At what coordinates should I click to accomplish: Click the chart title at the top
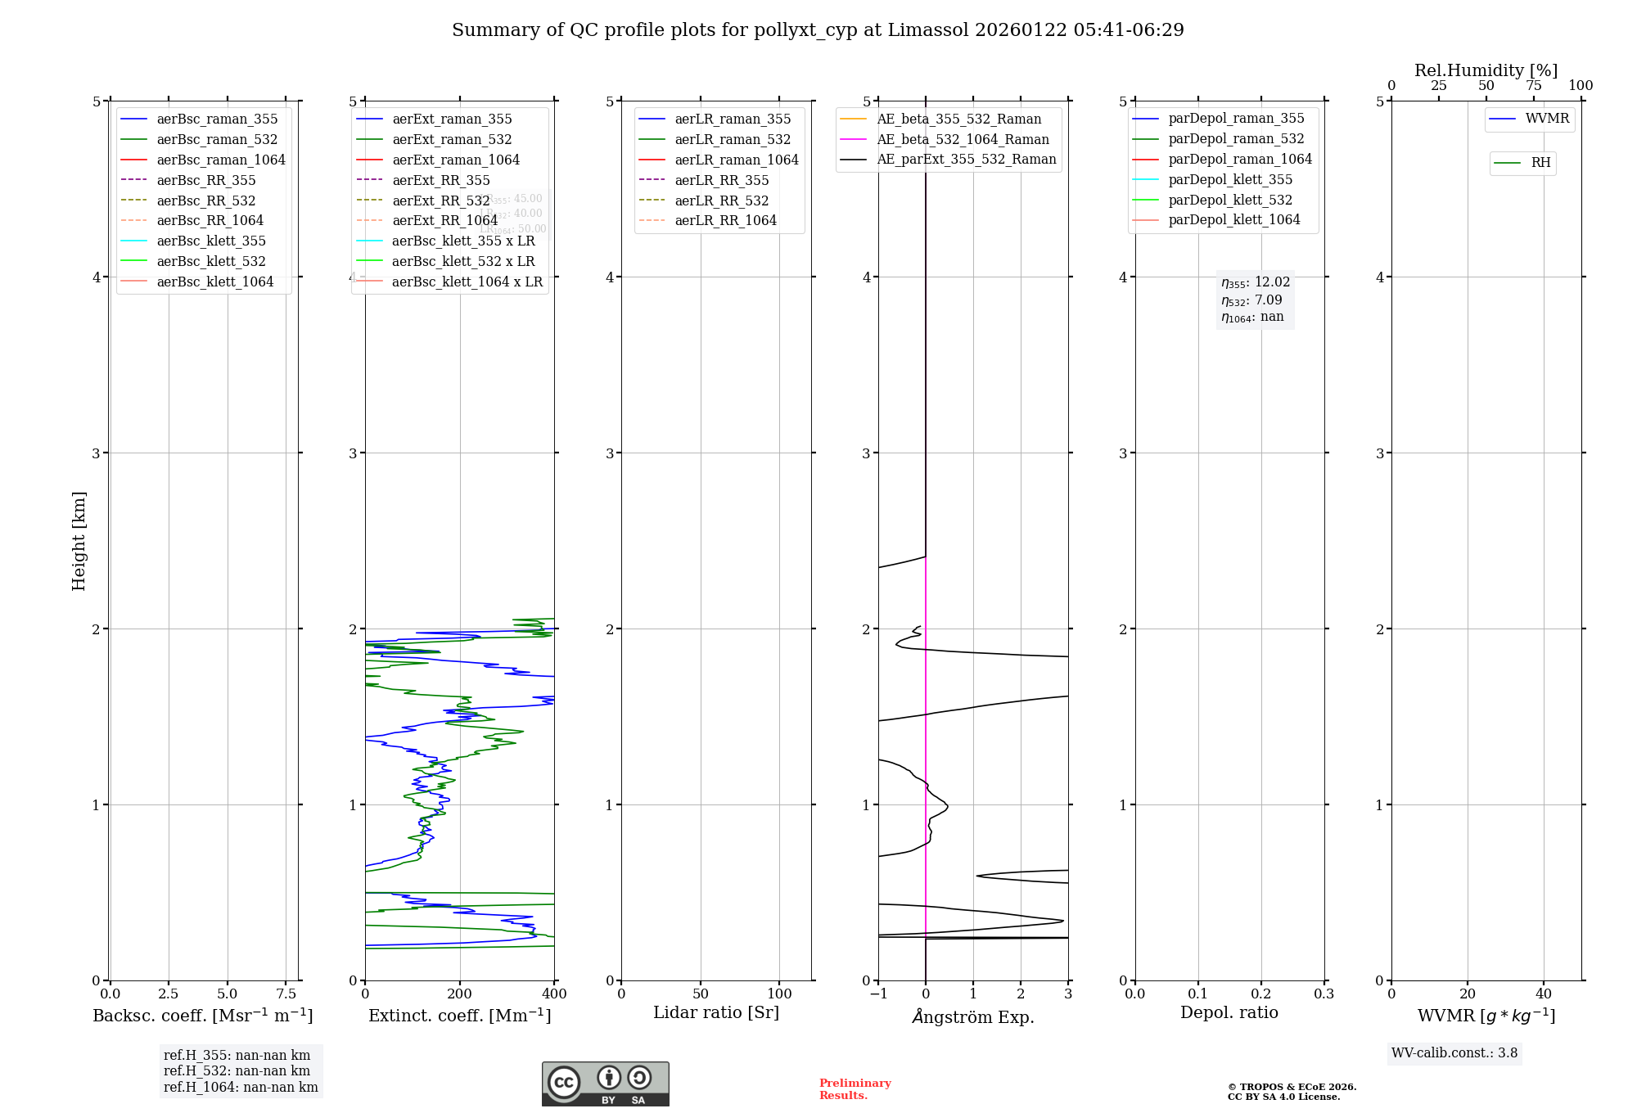pyautogui.click(x=818, y=30)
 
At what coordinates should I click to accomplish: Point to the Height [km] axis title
pyautogui.click(x=79, y=541)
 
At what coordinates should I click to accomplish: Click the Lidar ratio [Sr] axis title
pyautogui.click(x=716, y=1012)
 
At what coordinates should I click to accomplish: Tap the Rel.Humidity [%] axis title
pyautogui.click(x=1486, y=70)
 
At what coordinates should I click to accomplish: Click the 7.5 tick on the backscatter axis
pyautogui.click(x=286, y=994)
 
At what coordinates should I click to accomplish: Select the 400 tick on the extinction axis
pyautogui.click(x=554, y=994)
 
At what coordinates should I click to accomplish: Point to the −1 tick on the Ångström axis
pyautogui.click(x=878, y=994)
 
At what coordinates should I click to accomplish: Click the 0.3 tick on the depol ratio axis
pyautogui.click(x=1324, y=994)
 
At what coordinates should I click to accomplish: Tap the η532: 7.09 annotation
pyautogui.click(x=1251, y=300)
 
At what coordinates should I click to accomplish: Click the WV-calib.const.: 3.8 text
pyautogui.click(x=1454, y=1053)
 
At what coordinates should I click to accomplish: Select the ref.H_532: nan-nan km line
pyautogui.click(x=237, y=1071)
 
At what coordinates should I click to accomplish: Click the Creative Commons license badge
pyautogui.click(x=605, y=1084)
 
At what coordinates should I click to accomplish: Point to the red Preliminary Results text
pyautogui.click(x=855, y=1089)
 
